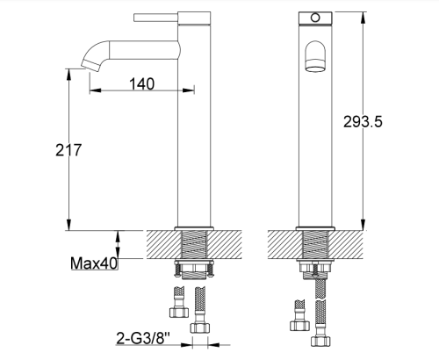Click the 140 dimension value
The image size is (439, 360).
click(x=140, y=83)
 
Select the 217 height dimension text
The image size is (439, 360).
click(x=68, y=150)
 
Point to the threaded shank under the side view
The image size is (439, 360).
click(x=194, y=245)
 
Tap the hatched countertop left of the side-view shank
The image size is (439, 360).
click(x=162, y=245)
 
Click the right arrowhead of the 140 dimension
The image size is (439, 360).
click(x=175, y=90)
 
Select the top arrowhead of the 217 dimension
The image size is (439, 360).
click(x=68, y=69)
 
